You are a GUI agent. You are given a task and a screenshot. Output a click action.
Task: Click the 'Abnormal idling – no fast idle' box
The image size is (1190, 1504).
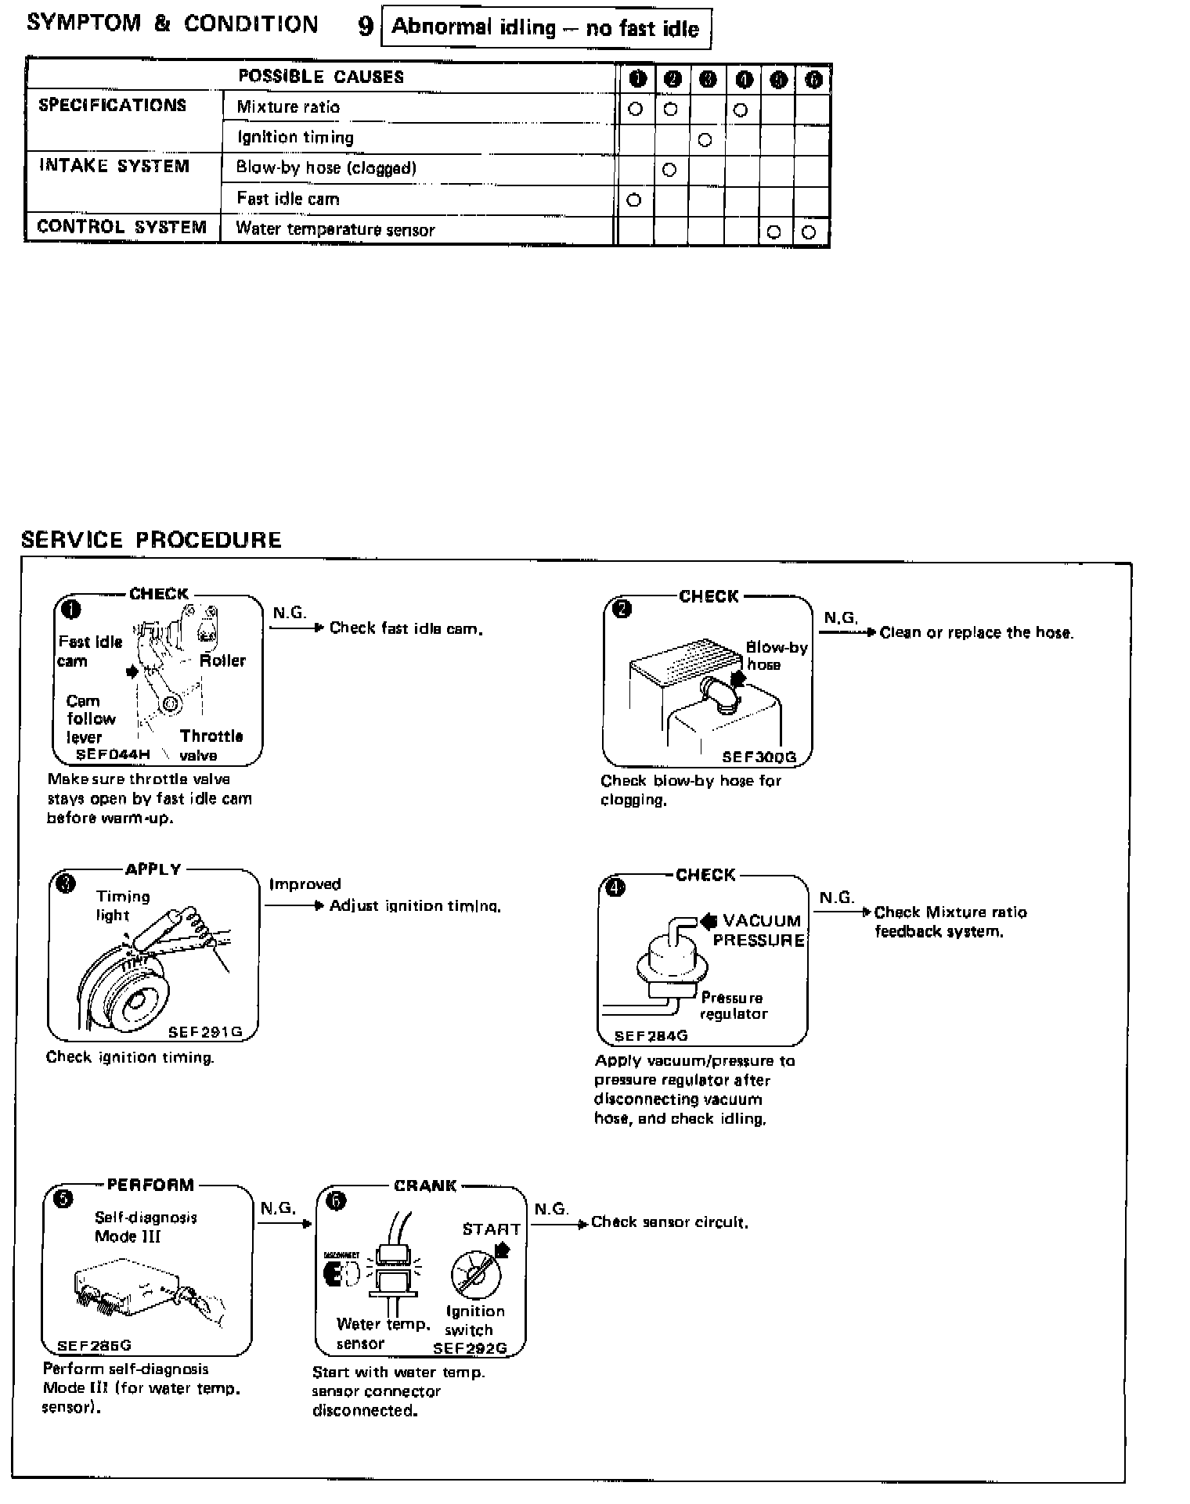[546, 28]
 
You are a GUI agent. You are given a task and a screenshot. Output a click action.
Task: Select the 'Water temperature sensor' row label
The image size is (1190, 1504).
[335, 229]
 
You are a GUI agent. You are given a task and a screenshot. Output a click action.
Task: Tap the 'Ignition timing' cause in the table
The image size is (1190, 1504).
[295, 138]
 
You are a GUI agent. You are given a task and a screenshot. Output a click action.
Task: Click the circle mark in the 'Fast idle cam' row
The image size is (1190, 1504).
[634, 200]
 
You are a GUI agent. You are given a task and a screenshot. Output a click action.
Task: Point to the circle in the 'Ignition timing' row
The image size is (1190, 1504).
[705, 140]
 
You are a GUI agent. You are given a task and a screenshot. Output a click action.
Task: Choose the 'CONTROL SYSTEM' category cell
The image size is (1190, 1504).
[122, 228]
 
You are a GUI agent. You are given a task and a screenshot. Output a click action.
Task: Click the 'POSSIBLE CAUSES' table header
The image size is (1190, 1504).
[321, 77]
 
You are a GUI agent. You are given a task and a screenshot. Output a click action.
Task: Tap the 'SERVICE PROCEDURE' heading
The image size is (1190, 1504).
[151, 540]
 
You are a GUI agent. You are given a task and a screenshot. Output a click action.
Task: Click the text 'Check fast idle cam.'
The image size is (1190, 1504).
[406, 628]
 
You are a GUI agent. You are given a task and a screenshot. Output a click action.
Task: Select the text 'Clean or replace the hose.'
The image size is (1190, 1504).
[976, 632]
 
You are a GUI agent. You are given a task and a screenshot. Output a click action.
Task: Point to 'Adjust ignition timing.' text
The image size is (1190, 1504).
[415, 906]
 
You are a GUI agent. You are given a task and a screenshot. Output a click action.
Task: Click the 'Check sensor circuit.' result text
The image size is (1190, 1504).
[669, 1222]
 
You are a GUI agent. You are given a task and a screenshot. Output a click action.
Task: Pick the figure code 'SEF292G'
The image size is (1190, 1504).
[470, 1348]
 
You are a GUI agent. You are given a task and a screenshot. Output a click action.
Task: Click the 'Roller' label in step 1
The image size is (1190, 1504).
[222, 660]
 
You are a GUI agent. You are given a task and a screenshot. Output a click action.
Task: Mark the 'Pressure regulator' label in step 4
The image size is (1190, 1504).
[733, 1006]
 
